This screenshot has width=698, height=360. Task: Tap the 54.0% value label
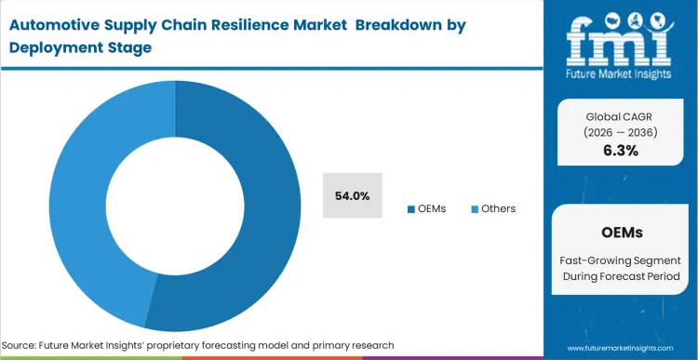pos(353,196)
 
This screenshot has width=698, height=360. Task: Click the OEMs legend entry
pos(427,208)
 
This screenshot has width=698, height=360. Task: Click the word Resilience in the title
pos(252,25)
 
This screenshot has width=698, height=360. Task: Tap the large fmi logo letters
pos(618,38)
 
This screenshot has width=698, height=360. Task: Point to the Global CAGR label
pos(621,115)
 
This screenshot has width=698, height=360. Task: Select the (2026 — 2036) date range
pos(621,132)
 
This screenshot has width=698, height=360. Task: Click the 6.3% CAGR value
pos(621,151)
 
